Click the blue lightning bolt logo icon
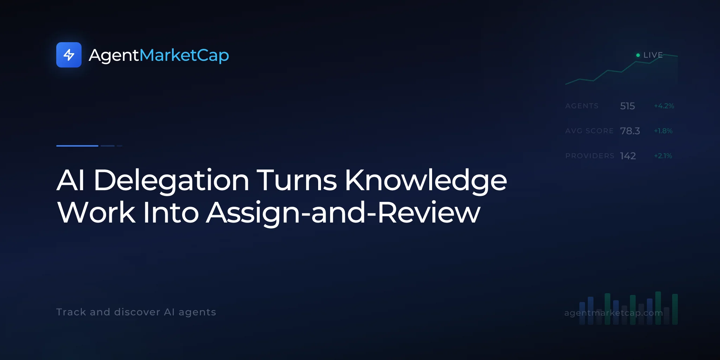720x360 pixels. click(x=69, y=55)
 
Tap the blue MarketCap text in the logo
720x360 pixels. click(x=184, y=56)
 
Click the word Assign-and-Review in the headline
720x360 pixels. click(x=343, y=213)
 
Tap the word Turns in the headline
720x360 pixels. click(x=297, y=180)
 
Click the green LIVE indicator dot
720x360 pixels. click(x=638, y=55)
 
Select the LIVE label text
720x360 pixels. click(x=653, y=55)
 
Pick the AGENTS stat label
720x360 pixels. click(x=582, y=106)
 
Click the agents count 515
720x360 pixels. click(x=628, y=106)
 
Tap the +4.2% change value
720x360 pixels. click(x=664, y=106)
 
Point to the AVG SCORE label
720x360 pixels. click(x=590, y=131)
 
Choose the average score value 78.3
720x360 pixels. click(x=630, y=131)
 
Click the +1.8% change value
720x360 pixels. click(x=663, y=131)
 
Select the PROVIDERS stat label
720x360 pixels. click(x=590, y=156)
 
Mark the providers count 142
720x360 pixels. click(x=628, y=156)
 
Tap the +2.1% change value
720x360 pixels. click(x=663, y=156)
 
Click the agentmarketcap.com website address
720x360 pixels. click(x=613, y=313)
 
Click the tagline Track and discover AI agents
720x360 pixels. click(x=136, y=312)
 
